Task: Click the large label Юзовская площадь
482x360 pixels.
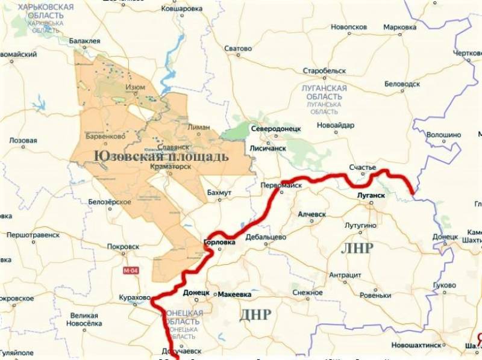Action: [161, 157]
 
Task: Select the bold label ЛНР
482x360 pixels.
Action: [357, 248]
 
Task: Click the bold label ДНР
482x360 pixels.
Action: [255, 314]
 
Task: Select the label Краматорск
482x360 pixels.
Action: [171, 167]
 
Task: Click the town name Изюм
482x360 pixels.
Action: [134, 87]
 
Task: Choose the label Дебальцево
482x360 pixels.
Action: [265, 237]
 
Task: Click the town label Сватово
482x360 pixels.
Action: [237, 48]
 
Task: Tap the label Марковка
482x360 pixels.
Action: [399, 28]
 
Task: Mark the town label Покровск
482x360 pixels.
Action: [123, 246]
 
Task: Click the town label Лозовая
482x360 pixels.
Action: [23, 140]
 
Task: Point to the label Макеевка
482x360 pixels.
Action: [234, 294]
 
